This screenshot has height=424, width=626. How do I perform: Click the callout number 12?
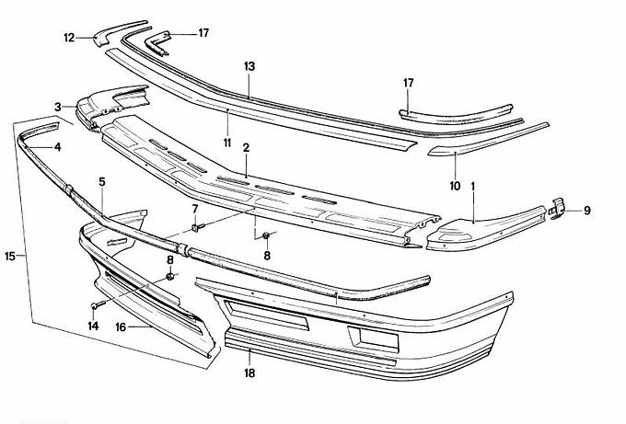69,38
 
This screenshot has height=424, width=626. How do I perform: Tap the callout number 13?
249,66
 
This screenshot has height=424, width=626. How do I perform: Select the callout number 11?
227,143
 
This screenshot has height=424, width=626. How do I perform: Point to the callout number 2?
246,148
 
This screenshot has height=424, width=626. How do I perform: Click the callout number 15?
10,256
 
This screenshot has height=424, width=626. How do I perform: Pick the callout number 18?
249,373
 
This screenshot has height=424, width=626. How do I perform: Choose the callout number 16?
121,327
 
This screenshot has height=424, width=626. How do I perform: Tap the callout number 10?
455,186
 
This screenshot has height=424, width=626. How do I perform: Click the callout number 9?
587,211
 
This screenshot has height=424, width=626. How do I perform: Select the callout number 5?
102,182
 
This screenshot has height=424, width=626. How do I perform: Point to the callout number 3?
58,107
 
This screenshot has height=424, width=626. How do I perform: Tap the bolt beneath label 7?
197,228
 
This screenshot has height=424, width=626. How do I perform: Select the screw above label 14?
98,305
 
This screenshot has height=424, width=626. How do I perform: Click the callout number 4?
58,147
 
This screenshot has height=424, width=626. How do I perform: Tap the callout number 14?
93,327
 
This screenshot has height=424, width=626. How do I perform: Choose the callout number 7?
195,209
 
